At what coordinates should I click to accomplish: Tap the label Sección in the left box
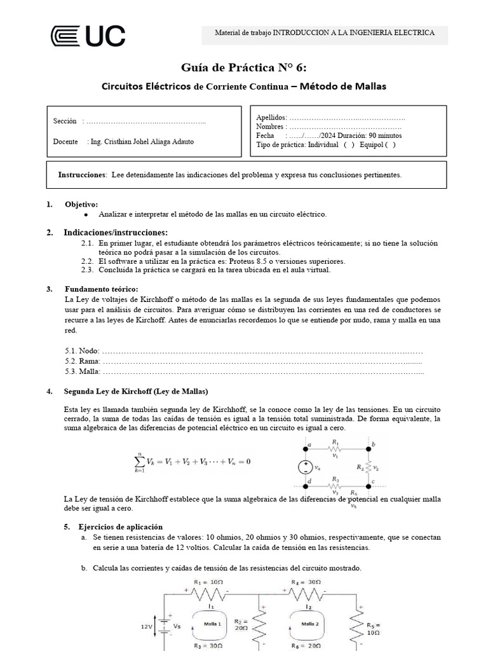pos(65,121)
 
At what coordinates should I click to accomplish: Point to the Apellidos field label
pos(271,118)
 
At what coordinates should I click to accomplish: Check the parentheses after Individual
pos(349,144)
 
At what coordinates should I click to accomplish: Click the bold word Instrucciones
pos(81,175)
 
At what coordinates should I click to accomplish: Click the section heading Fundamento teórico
pos(101,289)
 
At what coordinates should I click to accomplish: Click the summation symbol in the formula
pos(139,461)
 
